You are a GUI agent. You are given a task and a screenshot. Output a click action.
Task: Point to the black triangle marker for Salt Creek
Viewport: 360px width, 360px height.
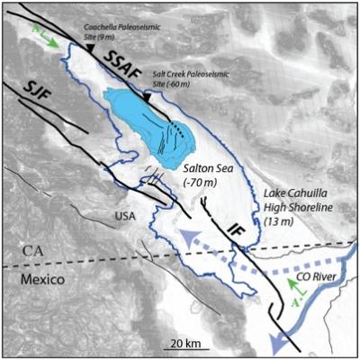[147, 95]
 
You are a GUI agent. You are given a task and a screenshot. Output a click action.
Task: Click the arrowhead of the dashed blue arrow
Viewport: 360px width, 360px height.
[185, 238]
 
